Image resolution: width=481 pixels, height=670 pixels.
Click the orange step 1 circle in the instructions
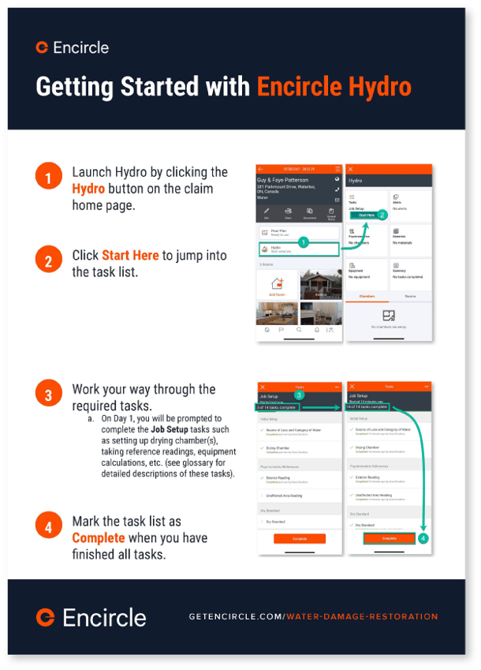coord(48,178)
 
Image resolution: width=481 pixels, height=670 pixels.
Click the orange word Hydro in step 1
coord(88,189)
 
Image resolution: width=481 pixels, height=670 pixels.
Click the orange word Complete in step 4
coord(99,537)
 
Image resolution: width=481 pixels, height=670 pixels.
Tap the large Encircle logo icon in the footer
coord(47,616)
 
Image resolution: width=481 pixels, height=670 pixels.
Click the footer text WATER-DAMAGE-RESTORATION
coord(362,616)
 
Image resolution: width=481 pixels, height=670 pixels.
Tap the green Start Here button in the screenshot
coord(366,215)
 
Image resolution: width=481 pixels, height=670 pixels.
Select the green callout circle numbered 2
coord(382,215)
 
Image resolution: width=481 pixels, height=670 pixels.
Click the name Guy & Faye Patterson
coord(283,180)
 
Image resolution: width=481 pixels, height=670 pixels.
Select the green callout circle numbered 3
coord(299,395)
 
